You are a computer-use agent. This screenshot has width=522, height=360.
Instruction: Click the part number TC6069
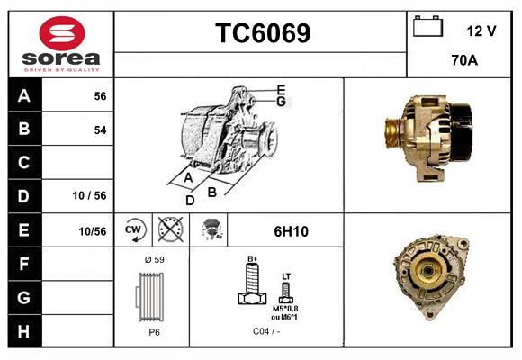[263, 33]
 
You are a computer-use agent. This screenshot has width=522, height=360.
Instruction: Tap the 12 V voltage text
[481, 31]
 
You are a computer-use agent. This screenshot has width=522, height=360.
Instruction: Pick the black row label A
[23, 96]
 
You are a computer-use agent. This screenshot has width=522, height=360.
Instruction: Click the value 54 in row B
[100, 130]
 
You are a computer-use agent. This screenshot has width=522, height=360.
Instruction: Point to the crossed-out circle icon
[169, 231]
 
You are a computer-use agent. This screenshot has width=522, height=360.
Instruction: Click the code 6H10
[291, 231]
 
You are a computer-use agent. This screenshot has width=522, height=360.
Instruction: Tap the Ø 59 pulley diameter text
[154, 259]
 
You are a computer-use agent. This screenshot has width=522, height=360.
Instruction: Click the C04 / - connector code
[265, 331]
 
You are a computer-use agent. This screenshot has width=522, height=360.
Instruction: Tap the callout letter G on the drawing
[281, 102]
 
